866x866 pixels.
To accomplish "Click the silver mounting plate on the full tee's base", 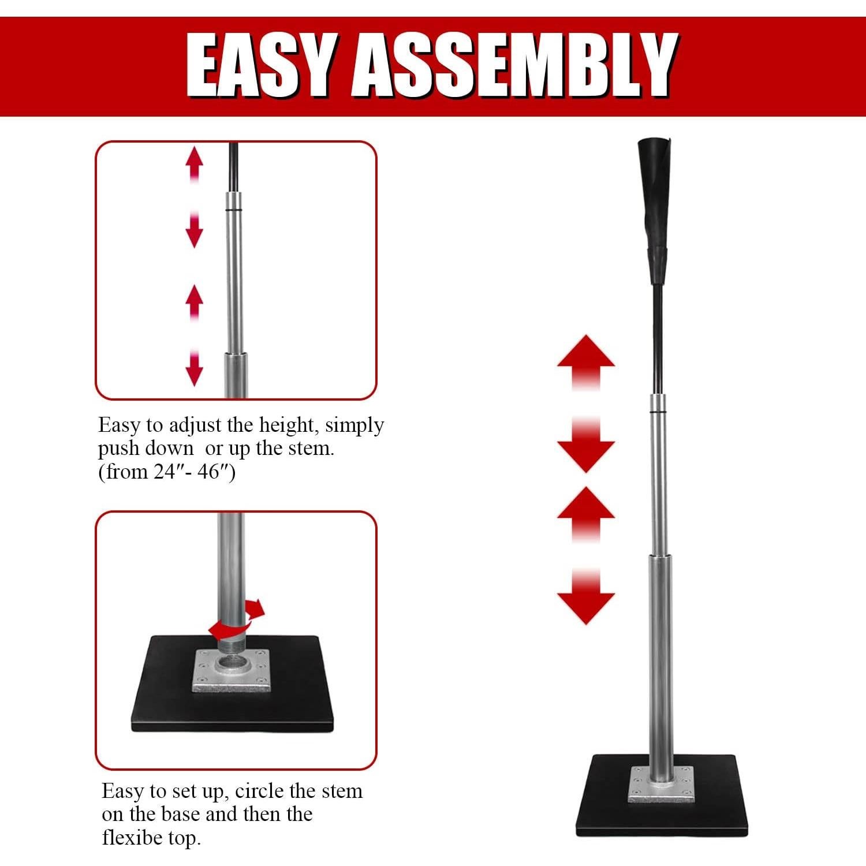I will coord(662,785).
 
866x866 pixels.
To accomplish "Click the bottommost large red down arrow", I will coord(585,598).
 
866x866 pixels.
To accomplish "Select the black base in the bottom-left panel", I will coord(167,704).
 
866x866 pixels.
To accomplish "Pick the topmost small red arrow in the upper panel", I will coord(195,162).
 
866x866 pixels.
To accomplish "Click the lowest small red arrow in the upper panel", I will coord(195,369).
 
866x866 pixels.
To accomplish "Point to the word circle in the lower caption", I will coord(259,790).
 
